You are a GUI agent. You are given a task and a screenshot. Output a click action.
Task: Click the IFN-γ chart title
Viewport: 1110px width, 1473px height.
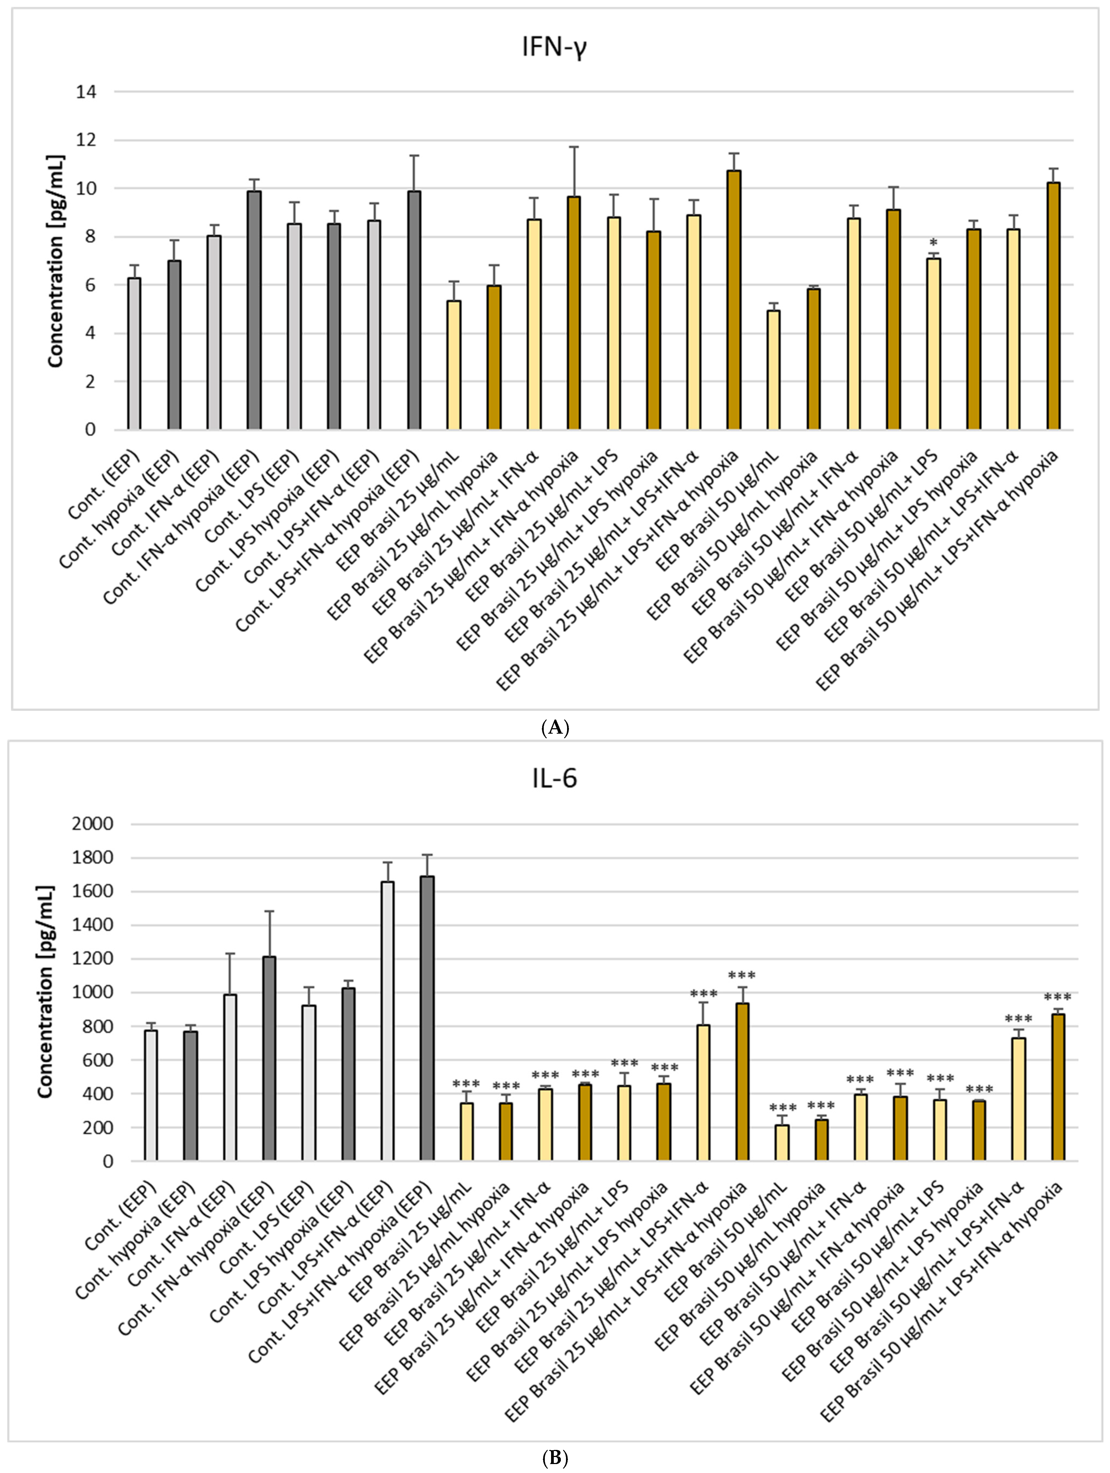554,49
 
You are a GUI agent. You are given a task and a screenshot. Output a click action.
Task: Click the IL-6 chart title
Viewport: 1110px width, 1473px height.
554,778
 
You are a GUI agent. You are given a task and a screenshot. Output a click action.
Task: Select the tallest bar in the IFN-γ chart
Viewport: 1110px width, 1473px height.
734,300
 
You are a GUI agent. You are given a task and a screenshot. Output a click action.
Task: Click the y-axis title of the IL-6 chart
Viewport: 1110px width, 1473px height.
45,992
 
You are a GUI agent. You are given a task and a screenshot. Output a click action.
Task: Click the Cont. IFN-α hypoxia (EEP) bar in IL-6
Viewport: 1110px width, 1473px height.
269,1059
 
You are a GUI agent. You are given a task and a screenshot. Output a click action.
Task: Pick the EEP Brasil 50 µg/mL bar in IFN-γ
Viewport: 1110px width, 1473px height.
773,370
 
